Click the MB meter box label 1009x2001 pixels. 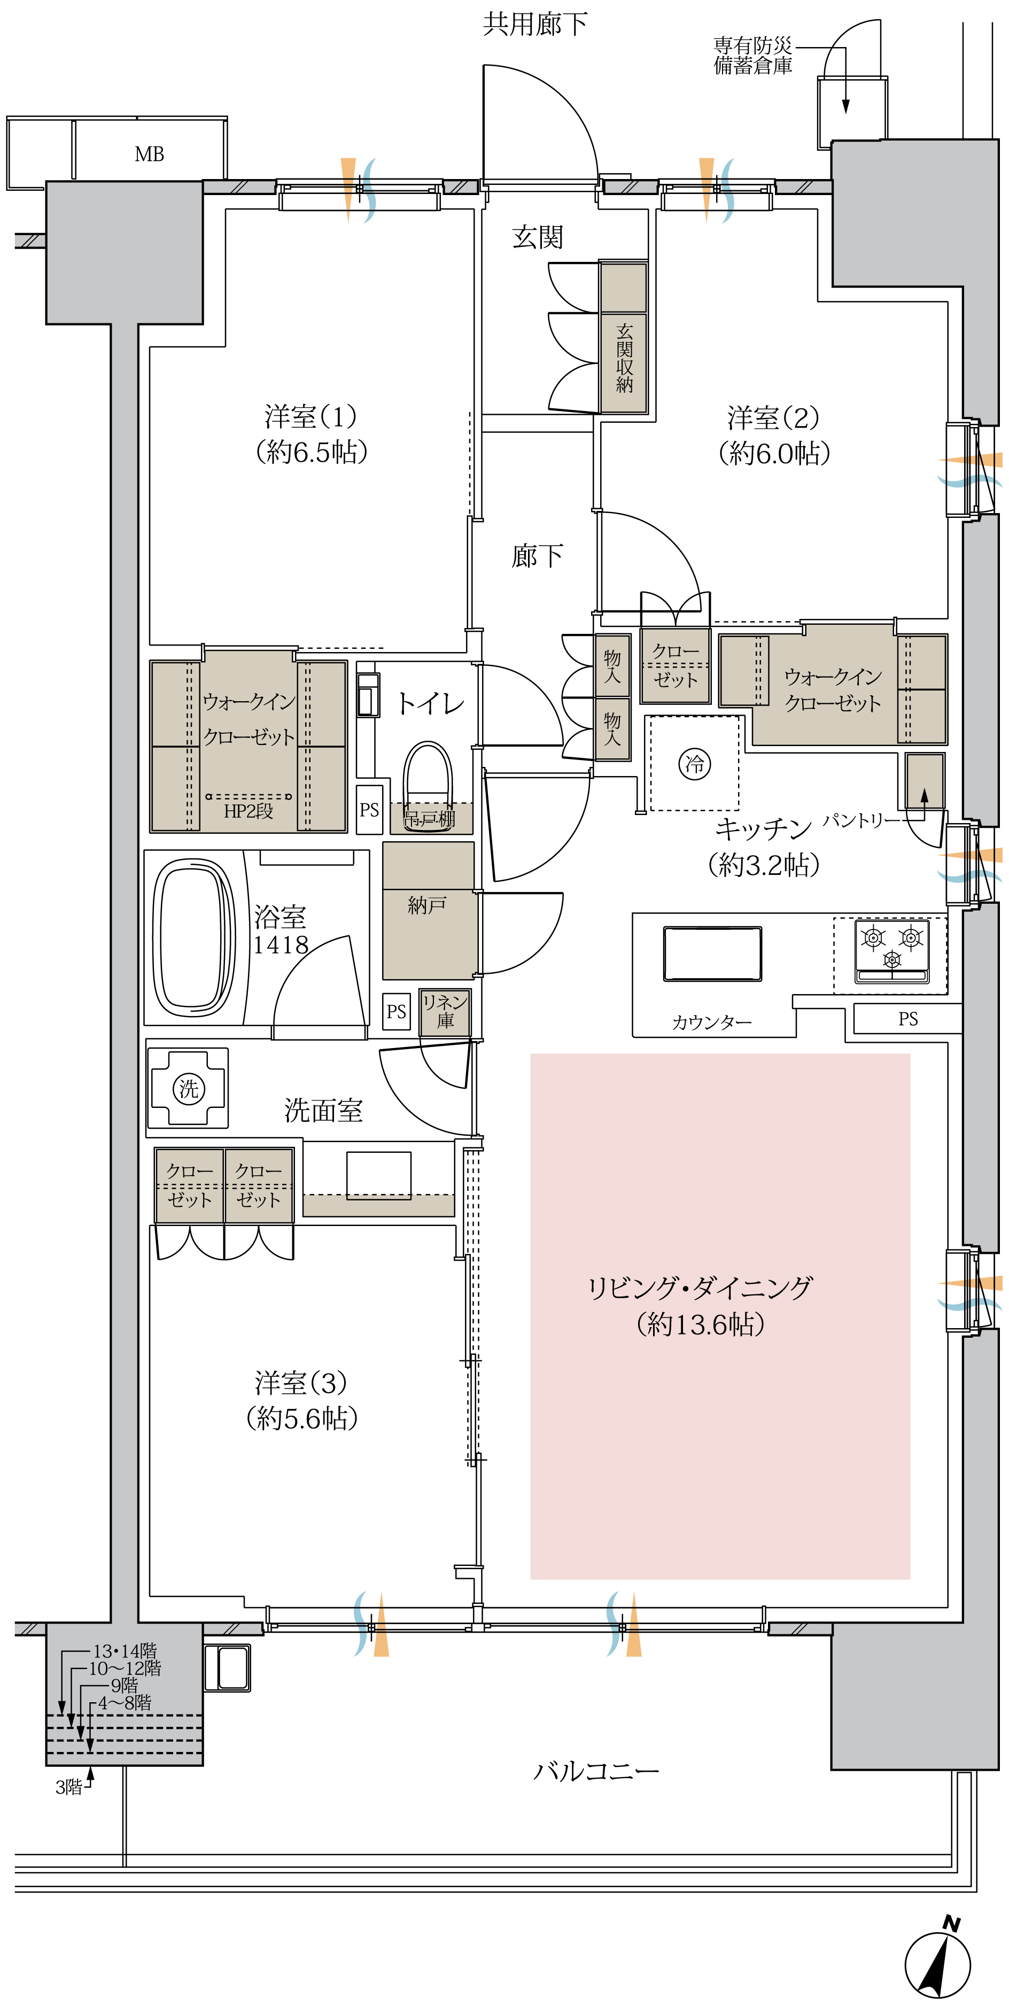[149, 154]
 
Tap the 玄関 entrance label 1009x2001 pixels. [538, 237]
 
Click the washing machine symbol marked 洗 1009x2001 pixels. [188, 1088]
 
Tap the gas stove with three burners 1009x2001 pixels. [892, 951]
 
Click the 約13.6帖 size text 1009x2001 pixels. [700, 1324]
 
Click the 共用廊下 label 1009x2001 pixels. [535, 24]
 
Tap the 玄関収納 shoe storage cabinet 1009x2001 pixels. [624, 338]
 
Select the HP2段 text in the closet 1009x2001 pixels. [249, 811]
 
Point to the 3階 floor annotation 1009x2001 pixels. [68, 1787]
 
